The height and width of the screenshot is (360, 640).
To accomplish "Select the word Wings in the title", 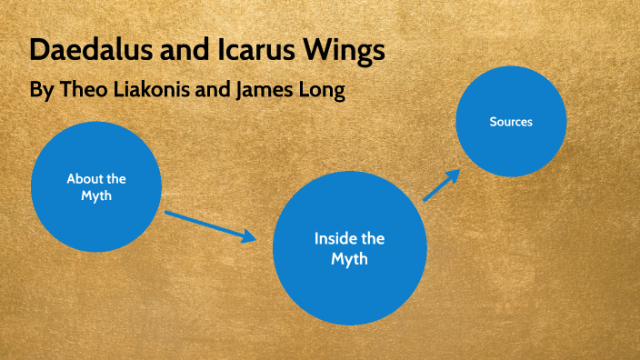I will [x=349, y=52].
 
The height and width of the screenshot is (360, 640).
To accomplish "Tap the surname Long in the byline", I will [x=322, y=92].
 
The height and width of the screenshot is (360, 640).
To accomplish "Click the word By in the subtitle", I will [x=42, y=92].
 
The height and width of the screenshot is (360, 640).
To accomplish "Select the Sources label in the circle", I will [x=511, y=121].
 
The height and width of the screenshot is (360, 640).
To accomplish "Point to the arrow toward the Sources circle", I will [x=441, y=185].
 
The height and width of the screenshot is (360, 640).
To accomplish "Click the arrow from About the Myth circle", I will [x=210, y=225].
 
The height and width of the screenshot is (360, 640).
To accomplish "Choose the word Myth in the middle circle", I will [x=349, y=260].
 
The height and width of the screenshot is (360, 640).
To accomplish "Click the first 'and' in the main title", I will [x=189, y=51].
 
